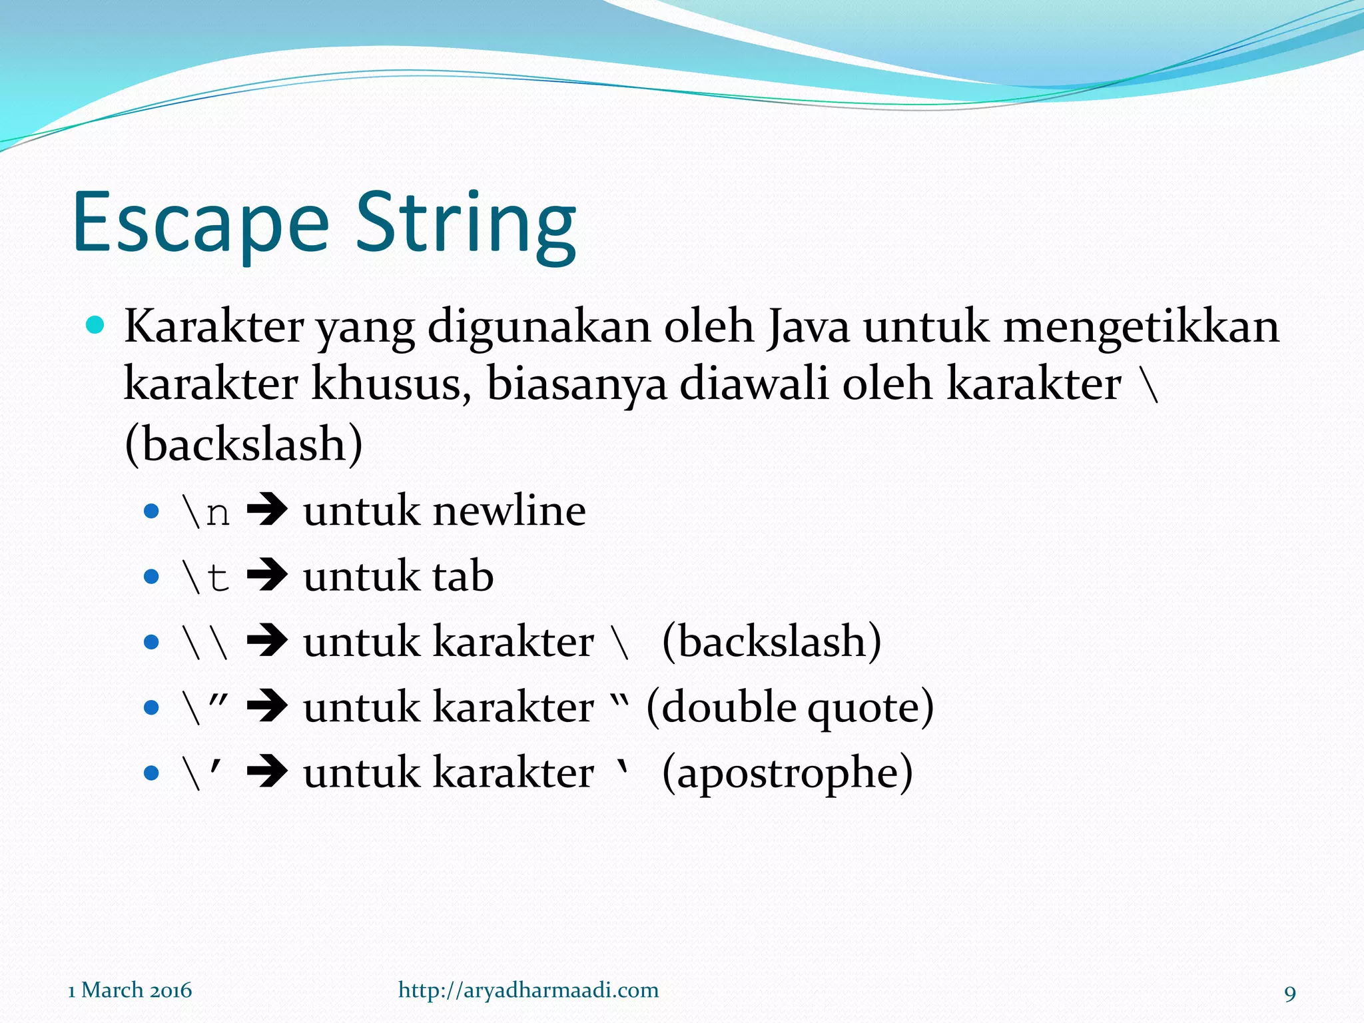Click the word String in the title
pyautogui.click(x=466, y=223)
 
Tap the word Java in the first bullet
pyautogui.click(x=808, y=327)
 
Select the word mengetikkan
pyautogui.click(x=1141, y=327)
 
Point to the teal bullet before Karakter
pyautogui.click(x=96, y=325)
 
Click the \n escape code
pyautogui.click(x=206, y=512)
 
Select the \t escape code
pyautogui.click(x=206, y=577)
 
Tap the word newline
pyautogui.click(x=510, y=512)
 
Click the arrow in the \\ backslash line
pyautogui.click(x=267, y=642)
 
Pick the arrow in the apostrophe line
pyautogui.click(x=267, y=773)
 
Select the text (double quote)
pyautogui.click(x=790, y=707)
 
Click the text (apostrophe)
pyautogui.click(x=787, y=773)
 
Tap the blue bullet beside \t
pyautogui.click(x=152, y=577)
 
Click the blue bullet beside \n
pyautogui.click(x=152, y=511)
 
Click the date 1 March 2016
pyautogui.click(x=130, y=990)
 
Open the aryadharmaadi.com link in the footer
pyautogui.click(x=528, y=990)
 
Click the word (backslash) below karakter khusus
pyautogui.click(x=244, y=444)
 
